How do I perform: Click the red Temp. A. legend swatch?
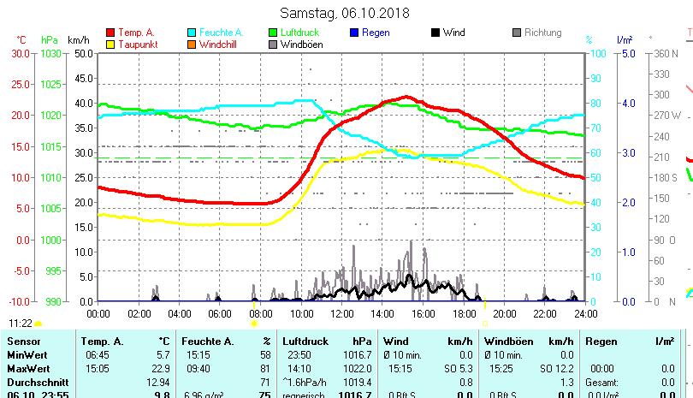pyautogui.click(x=110, y=33)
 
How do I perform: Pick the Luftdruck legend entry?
pyautogui.click(x=303, y=33)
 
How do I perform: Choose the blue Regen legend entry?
pyautogui.click(x=376, y=33)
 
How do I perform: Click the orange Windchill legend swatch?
pyautogui.click(x=192, y=45)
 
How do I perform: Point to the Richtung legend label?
pyautogui.click(x=542, y=33)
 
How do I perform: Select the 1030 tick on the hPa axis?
pyautogui.click(x=50, y=53)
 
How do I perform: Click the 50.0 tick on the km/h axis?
pyautogui.click(x=83, y=53)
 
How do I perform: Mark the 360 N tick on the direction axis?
pyautogui.click(x=666, y=53)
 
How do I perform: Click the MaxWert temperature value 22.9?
pyautogui.click(x=159, y=368)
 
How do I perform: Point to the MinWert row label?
pyautogui.click(x=27, y=354)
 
